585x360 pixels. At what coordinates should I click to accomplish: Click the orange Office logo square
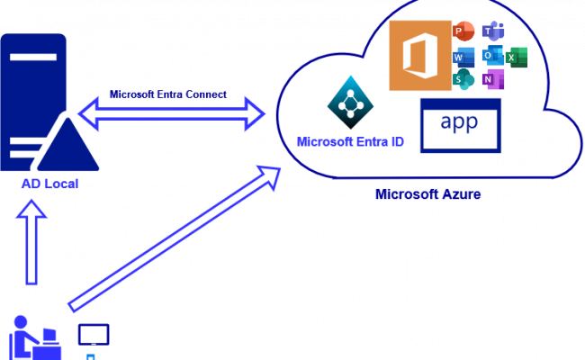420,56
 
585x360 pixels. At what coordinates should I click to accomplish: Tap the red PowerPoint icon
464,31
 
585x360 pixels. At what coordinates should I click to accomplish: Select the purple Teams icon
492,31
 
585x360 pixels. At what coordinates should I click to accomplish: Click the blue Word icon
464,57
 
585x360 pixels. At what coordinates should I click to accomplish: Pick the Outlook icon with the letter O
492,56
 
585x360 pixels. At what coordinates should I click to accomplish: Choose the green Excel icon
516,57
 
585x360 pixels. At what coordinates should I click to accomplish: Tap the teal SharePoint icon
464,80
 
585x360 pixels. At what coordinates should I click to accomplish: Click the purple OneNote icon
491,80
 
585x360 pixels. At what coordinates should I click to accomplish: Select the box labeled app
460,126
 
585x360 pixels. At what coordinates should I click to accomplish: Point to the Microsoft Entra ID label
351,142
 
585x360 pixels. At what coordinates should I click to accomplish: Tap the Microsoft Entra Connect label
167,94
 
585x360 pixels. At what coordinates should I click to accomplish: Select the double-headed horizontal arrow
171,114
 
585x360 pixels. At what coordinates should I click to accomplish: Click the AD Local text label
50,184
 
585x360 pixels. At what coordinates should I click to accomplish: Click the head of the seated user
20,322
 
